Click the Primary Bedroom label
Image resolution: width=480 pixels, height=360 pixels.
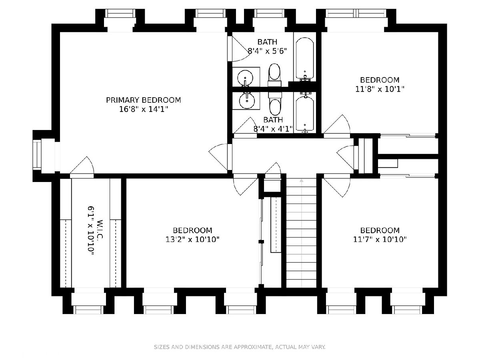point(144,100)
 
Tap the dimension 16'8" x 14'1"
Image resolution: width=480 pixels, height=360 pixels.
point(144,109)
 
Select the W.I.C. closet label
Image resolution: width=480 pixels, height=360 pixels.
point(100,230)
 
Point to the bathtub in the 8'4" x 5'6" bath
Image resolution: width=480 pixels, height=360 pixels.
point(305,60)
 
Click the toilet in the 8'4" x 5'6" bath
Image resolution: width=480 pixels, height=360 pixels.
point(274,75)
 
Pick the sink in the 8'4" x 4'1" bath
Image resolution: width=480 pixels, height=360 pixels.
point(247,100)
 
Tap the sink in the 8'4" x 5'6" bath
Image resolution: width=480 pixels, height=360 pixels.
point(245,78)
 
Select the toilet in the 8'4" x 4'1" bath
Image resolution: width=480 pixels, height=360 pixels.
point(275,104)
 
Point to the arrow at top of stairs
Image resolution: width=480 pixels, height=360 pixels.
point(302,180)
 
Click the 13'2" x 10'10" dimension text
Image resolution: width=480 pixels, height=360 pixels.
point(192,240)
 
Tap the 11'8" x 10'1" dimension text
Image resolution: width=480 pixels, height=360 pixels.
point(380,89)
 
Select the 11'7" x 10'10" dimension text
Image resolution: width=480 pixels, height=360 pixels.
point(380,240)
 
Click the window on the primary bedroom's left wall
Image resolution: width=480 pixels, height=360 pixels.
point(37,154)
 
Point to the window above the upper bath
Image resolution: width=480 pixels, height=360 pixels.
point(270,13)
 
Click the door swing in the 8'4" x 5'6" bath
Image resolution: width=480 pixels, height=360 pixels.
point(240,49)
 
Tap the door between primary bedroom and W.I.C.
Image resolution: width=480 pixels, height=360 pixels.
point(82,167)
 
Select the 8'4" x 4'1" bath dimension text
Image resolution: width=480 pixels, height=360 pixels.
point(273,129)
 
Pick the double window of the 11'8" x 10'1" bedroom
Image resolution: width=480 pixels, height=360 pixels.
point(356,13)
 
